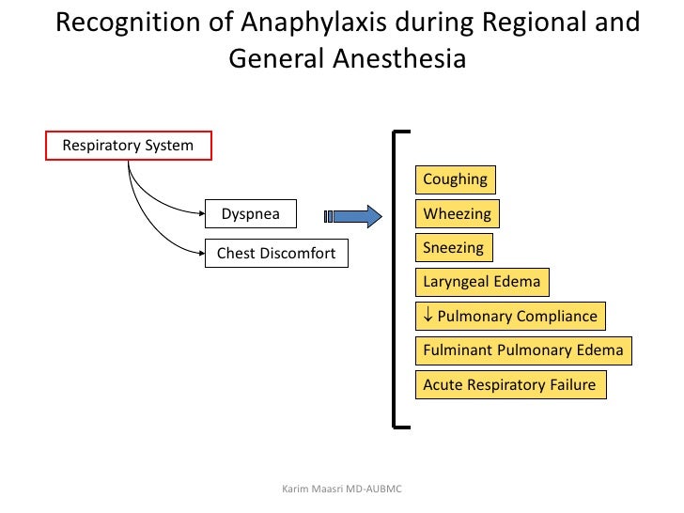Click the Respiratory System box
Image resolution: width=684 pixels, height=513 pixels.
pos(129,146)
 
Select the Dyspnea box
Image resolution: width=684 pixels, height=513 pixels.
pos(250,214)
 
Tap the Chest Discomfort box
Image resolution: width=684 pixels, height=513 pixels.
pos(276,254)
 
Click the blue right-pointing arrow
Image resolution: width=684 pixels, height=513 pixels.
pos(355,216)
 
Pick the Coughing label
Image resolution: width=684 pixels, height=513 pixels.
pos(456,179)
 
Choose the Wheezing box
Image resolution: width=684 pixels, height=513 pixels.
pos(458,214)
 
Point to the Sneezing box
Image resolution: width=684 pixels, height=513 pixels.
pos(454,248)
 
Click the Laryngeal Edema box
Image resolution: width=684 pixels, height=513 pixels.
pos(482,282)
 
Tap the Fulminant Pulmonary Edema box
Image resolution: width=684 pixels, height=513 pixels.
pos(523,350)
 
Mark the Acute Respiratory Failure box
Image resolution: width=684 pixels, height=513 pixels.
pos(510,385)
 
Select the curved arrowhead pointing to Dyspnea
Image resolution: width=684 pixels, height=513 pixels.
pos(199,214)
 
